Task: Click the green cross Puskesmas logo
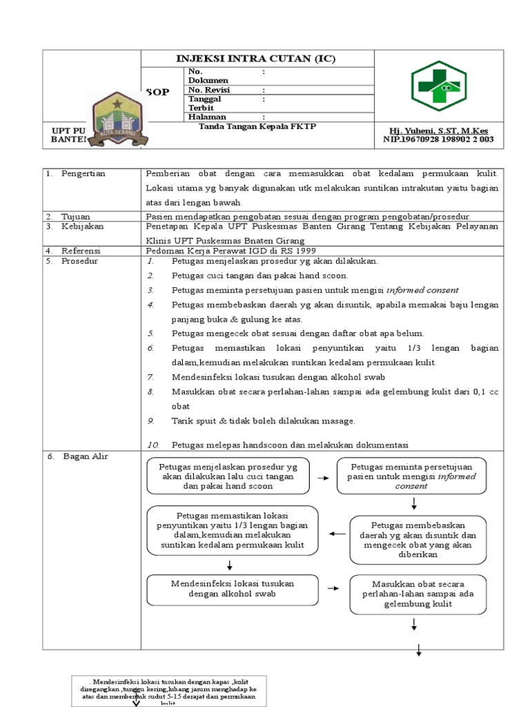click(439, 86)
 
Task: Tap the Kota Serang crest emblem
click(117, 122)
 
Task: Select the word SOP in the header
click(157, 92)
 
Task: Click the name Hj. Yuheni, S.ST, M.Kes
click(438, 130)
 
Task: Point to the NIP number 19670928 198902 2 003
click(438, 139)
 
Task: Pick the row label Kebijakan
click(81, 226)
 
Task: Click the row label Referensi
click(81, 251)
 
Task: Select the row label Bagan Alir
click(86, 456)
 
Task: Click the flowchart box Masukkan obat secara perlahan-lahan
click(413, 594)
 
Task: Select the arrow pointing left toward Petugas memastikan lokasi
click(337, 534)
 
